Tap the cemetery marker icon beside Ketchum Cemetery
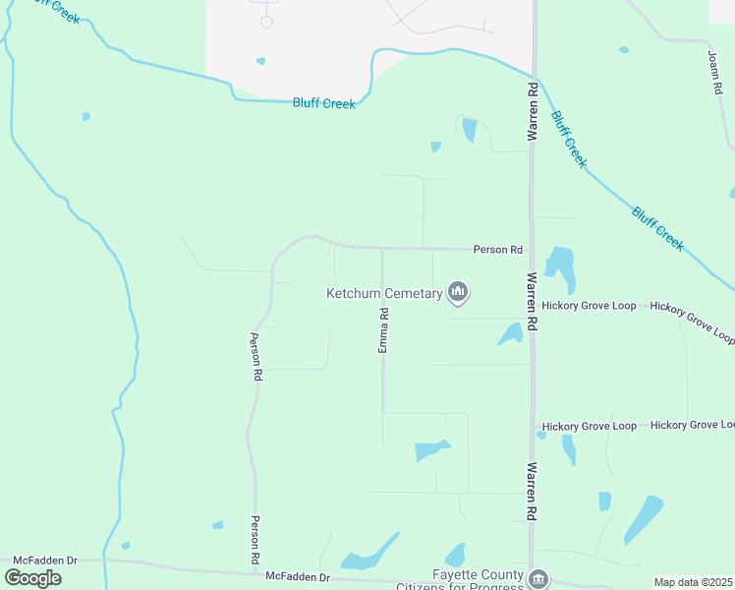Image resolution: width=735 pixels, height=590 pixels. [x=457, y=291]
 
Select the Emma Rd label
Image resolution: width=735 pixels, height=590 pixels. [x=384, y=330]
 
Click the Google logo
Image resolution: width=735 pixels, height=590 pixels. [x=32, y=577]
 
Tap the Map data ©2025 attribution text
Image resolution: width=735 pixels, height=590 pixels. [x=693, y=582]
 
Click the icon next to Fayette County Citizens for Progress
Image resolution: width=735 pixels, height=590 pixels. [x=538, y=578]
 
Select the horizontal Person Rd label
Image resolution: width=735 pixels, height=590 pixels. [x=497, y=250]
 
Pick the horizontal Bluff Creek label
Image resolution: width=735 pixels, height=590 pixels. [x=323, y=102]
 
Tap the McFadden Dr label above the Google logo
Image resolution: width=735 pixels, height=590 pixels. [x=41, y=560]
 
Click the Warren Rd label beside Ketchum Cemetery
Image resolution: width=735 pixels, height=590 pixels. [x=532, y=301]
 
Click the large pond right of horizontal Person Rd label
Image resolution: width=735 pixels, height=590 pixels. [x=560, y=266]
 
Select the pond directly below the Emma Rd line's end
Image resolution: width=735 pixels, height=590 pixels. [x=430, y=450]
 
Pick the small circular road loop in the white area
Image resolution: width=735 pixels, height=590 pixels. [x=266, y=22]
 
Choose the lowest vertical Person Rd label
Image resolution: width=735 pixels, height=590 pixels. [x=254, y=539]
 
